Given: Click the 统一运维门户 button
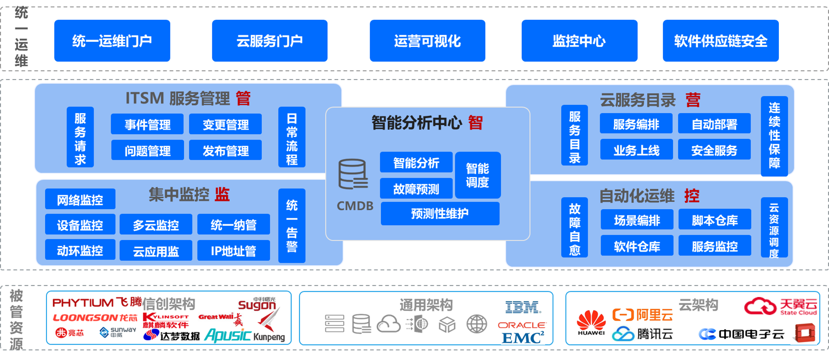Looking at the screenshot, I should [112, 41].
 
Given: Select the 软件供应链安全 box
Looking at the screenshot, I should [720, 41].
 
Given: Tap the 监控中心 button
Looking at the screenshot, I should [579, 41].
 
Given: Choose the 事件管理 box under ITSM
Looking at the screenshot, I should [147, 124].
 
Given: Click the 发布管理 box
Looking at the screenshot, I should [225, 150].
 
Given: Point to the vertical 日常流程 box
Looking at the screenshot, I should [292, 137].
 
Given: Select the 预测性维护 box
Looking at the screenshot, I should [440, 214].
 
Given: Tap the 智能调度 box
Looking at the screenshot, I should [478, 175].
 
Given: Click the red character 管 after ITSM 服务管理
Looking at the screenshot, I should [243, 99].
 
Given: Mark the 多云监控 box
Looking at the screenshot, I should [156, 225].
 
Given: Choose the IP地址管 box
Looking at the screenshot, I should [233, 251].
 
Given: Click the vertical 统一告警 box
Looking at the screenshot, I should [292, 226].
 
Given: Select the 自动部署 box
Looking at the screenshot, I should [714, 124].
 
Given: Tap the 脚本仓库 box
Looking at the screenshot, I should [715, 220].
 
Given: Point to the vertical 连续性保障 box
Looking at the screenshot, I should [774, 136].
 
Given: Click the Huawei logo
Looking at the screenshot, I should [591, 323].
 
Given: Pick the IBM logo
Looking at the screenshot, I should [523, 307].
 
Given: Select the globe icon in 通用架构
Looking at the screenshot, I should [477, 324].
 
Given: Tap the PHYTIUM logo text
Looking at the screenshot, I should [83, 303].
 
